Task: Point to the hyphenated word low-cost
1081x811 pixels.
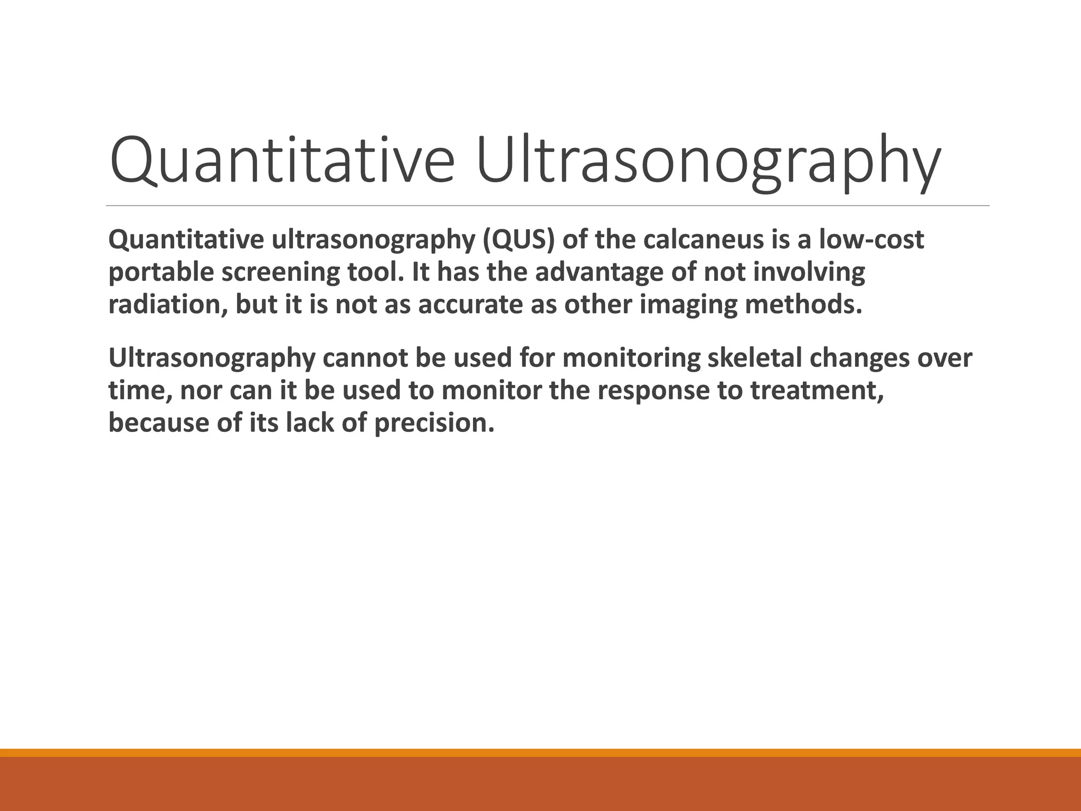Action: click(871, 240)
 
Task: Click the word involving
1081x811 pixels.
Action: click(809, 273)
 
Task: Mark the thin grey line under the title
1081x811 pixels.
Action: click(547, 205)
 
